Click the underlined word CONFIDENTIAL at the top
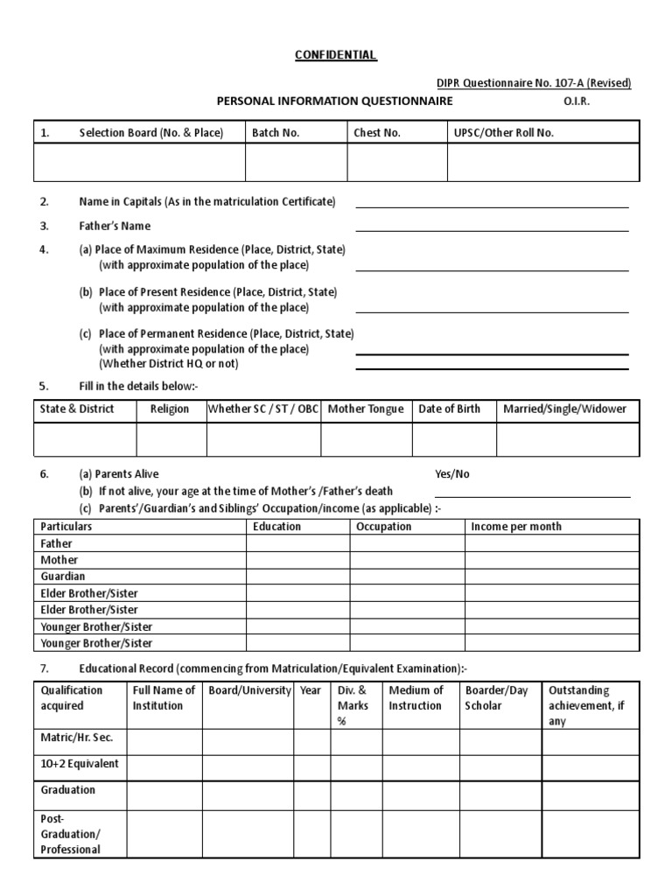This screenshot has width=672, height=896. (335, 55)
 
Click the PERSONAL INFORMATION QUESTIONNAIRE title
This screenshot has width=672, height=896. (335, 101)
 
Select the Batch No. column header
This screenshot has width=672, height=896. (276, 133)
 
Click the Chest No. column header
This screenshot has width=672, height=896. (377, 133)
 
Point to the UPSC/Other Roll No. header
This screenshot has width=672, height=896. (504, 133)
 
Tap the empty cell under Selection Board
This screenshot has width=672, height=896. (139, 163)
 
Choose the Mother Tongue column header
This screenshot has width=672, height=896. (366, 409)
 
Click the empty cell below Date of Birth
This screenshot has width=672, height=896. (454, 440)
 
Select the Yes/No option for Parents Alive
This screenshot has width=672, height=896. (452, 474)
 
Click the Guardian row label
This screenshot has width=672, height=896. (63, 577)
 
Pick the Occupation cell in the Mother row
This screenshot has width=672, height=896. (407, 560)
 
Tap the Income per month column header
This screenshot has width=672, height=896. (516, 527)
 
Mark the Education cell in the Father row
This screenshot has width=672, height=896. (297, 543)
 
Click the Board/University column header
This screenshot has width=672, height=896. (250, 690)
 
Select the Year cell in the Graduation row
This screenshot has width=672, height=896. (311, 794)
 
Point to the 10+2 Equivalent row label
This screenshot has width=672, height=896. (80, 764)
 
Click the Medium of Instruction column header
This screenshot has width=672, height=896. (416, 697)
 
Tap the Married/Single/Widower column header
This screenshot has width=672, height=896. (564, 409)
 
